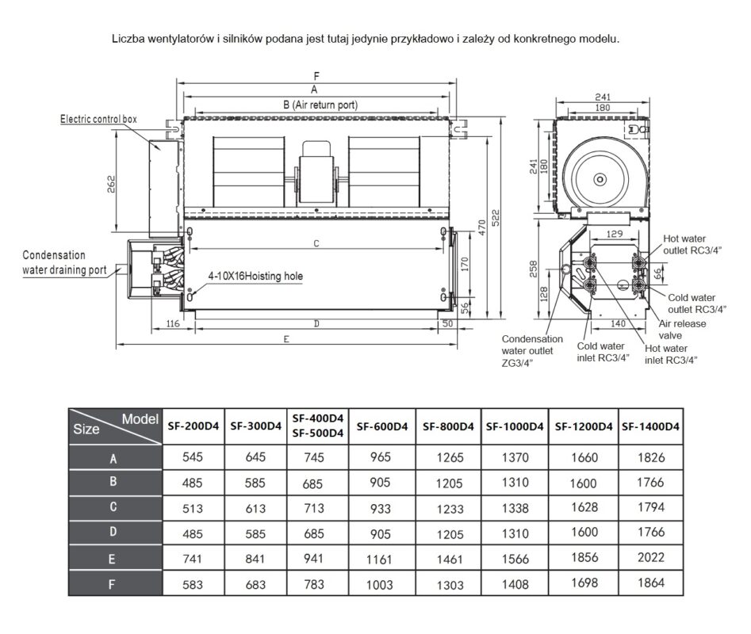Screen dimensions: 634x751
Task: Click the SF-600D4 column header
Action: (382, 426)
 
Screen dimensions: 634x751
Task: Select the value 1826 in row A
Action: (651, 458)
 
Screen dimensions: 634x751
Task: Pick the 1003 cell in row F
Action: (382, 585)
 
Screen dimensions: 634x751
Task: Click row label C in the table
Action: (113, 506)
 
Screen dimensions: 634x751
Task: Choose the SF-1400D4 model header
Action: (651, 426)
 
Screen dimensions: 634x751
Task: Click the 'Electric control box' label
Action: (99, 119)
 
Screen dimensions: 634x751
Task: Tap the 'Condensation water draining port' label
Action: (64, 262)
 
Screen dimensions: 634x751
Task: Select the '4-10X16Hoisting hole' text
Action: (255, 277)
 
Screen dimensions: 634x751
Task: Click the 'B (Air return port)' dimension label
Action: (320, 104)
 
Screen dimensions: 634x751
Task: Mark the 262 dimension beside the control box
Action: (112, 184)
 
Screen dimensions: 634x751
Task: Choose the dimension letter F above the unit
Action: (316, 76)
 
